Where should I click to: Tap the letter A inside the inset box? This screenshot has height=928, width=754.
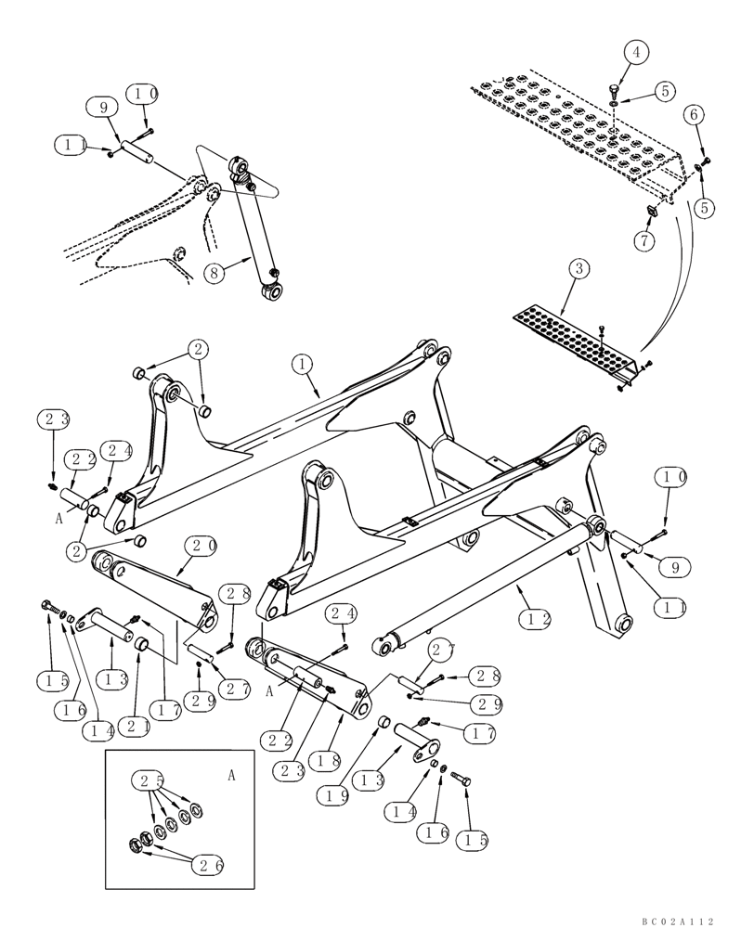(231, 772)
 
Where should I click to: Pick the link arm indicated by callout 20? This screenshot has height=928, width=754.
(153, 583)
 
